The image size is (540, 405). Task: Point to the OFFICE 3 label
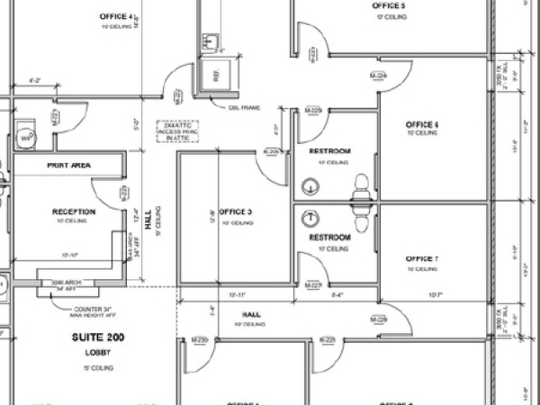(x=235, y=212)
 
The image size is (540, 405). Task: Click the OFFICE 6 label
(x=421, y=124)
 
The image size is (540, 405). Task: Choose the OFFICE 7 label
(x=421, y=259)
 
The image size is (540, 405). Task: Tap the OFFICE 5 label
(x=389, y=6)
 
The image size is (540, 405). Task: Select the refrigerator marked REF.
(x=216, y=76)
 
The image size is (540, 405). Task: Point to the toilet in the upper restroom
(x=362, y=185)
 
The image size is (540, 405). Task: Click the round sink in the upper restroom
(x=310, y=186)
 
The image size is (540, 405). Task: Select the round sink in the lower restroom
(x=310, y=218)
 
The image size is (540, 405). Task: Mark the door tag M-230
(x=200, y=339)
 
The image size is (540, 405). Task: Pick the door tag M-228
(x=378, y=319)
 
